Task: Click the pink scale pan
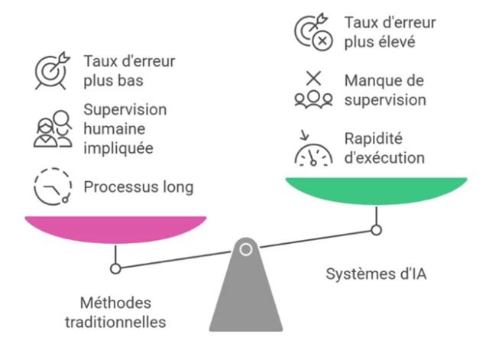tap(115, 228)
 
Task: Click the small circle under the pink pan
tap(115, 268)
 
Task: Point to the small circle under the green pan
tap(375, 229)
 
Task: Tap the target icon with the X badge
tap(313, 33)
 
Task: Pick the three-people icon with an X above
tap(313, 90)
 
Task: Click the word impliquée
tap(113, 148)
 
